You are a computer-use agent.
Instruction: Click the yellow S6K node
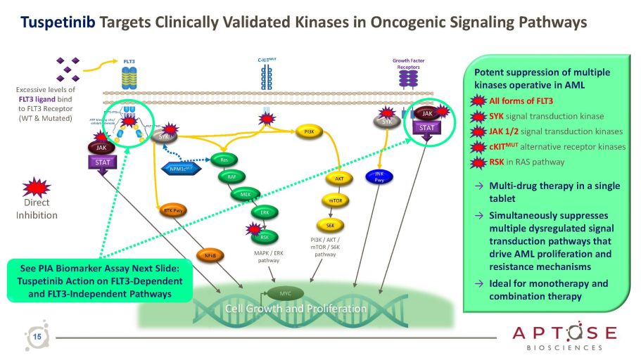click(330, 225)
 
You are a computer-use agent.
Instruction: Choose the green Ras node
click(224, 160)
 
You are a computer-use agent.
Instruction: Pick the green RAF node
click(231, 177)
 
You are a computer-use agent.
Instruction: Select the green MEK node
click(246, 194)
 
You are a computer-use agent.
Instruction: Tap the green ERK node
click(264, 212)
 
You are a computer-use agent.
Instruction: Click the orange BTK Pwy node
click(168, 210)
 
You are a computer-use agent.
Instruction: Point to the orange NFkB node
click(210, 255)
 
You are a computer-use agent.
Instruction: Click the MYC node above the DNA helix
click(284, 291)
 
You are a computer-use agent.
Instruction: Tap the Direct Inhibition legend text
click(37, 209)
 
